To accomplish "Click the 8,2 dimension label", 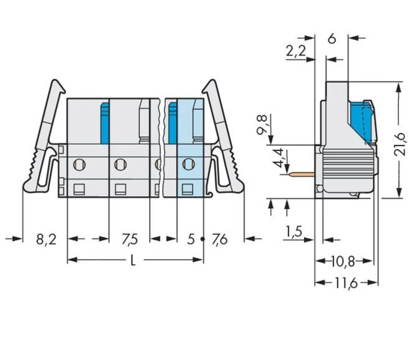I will click(46, 240).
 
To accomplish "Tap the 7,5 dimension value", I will click(130, 240).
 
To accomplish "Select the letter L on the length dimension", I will click(133, 261).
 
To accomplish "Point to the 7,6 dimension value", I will click(219, 240).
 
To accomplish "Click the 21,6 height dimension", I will click(400, 143).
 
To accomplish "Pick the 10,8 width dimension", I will click(343, 262).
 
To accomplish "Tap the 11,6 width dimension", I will click(346, 284).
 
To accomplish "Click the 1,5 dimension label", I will click(294, 231).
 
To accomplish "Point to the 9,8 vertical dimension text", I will click(262, 124).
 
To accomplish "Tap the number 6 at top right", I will click(331, 39).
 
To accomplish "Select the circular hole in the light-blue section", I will click(189, 164).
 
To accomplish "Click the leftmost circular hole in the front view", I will click(79, 165).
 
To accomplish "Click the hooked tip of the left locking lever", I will click(59, 86).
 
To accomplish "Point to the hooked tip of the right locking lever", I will click(209, 86).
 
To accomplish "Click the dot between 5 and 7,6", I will click(203, 239).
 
